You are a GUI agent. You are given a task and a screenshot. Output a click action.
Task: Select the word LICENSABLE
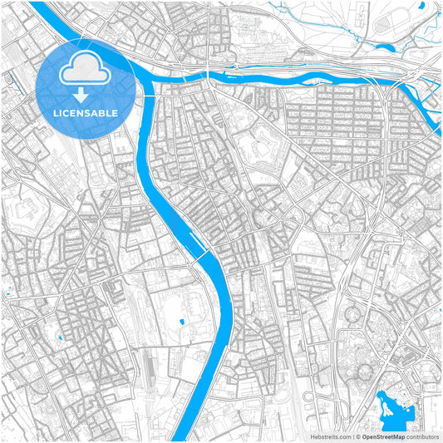click(86, 111)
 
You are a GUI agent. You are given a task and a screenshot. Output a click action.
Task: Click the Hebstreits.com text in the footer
click(329, 436)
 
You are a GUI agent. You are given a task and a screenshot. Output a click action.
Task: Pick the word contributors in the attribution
click(421, 436)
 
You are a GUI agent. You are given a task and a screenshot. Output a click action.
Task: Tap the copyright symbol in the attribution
click(357, 436)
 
